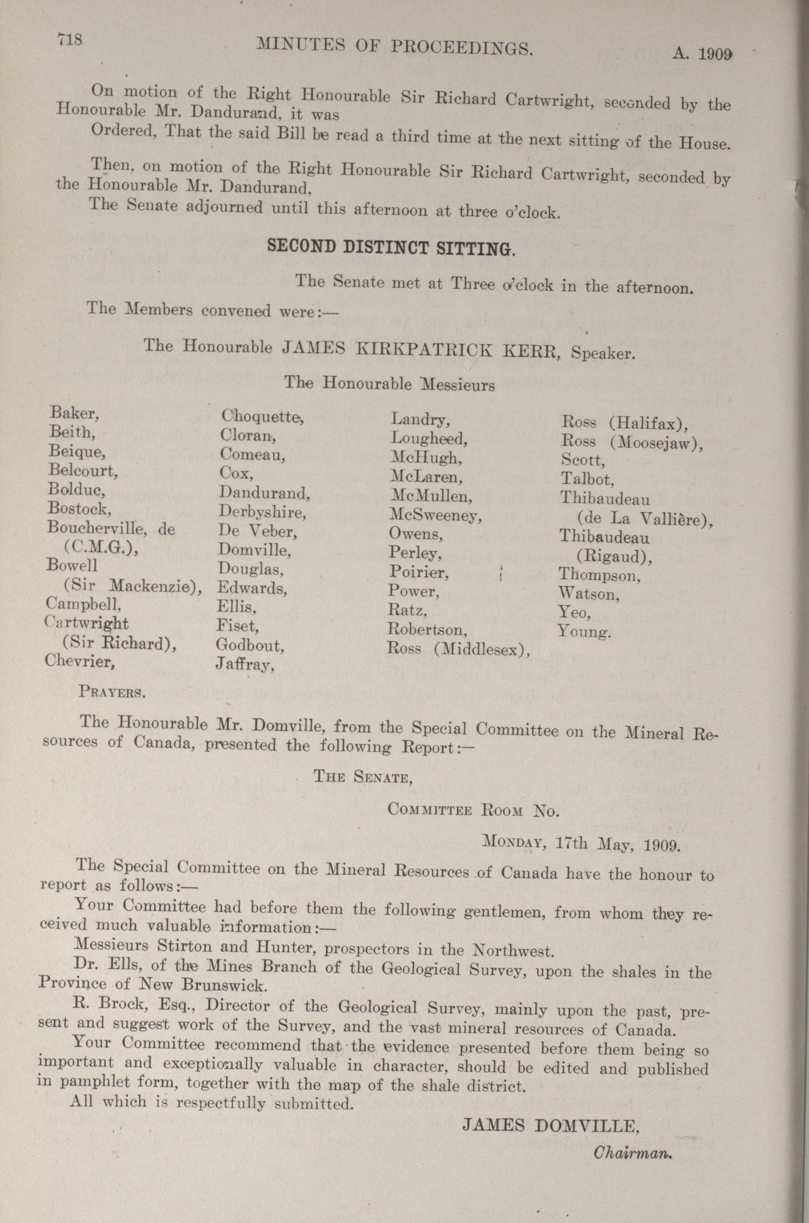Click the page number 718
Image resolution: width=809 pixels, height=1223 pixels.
[x=70, y=40]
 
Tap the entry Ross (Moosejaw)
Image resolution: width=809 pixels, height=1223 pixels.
[x=632, y=442]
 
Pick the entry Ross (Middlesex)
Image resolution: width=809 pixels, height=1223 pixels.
[x=458, y=649]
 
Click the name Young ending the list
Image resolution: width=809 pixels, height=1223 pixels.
[x=584, y=631]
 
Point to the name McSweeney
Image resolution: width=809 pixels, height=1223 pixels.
[x=435, y=515]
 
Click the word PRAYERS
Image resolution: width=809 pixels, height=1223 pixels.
[x=112, y=691]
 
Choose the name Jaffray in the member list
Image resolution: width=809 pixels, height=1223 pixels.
[x=245, y=665]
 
